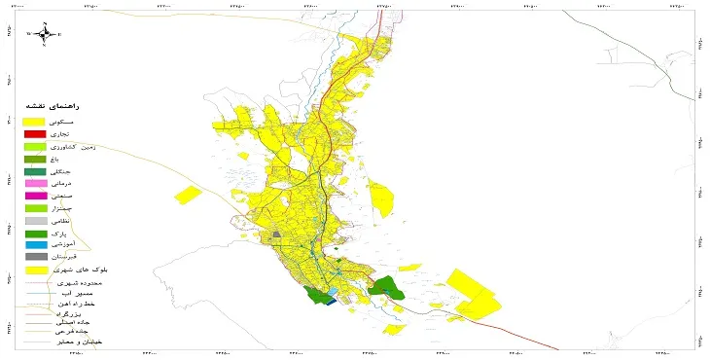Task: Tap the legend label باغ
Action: pyautogui.click(x=83, y=159)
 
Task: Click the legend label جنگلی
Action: pyautogui.click(x=80, y=171)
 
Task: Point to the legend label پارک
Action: pyautogui.click(x=82, y=234)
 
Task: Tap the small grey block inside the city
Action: pyautogui.click(x=277, y=234)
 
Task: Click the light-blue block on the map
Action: pyautogui.click(x=333, y=292)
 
